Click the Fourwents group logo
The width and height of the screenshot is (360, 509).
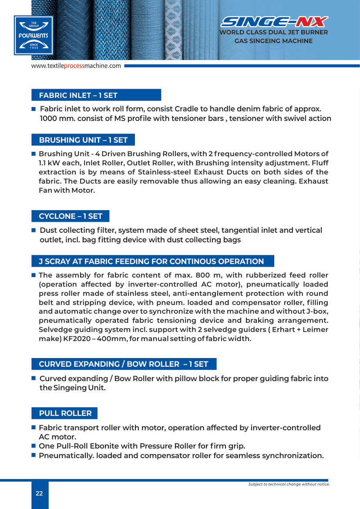click(x=34, y=35)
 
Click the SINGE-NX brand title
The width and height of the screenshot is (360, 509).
click(x=274, y=22)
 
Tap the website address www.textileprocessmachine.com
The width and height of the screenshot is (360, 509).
click(x=76, y=66)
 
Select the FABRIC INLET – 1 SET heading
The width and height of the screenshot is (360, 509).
click(x=78, y=95)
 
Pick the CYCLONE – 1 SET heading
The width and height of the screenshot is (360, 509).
click(x=71, y=216)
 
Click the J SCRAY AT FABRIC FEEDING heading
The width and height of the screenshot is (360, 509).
click(x=151, y=261)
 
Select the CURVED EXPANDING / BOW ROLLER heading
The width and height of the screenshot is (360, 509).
click(x=124, y=364)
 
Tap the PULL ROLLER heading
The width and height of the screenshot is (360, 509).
click(x=65, y=413)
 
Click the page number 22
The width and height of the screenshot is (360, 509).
click(x=39, y=493)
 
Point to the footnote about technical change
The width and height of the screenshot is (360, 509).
click(x=289, y=484)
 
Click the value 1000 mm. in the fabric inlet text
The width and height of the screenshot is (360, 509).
click(x=54, y=118)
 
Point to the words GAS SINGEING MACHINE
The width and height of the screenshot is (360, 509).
click(x=273, y=41)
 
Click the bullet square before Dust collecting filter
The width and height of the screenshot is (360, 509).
click(x=33, y=230)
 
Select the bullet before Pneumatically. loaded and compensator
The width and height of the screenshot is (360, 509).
click(x=33, y=455)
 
